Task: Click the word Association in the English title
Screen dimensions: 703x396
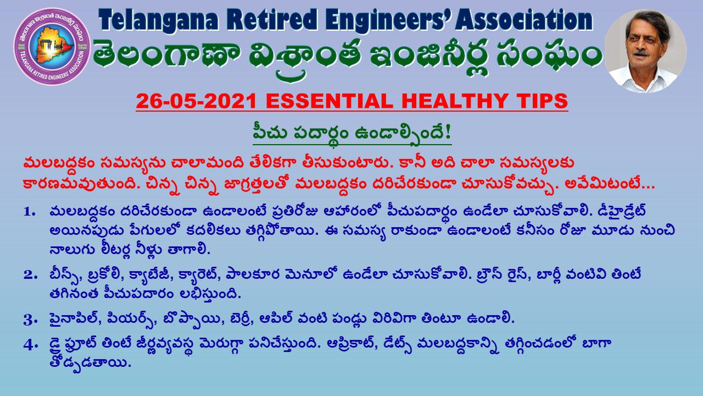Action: [x=524, y=19]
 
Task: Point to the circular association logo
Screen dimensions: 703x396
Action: [x=52, y=47]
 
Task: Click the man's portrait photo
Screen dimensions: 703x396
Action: [x=645, y=51]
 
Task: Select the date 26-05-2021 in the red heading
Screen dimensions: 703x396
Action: [x=197, y=101]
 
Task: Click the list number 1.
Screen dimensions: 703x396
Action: [x=29, y=212]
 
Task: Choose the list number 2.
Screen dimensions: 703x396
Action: [x=30, y=275]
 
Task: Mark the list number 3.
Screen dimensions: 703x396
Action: [x=30, y=320]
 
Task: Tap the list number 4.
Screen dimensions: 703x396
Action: [x=30, y=345]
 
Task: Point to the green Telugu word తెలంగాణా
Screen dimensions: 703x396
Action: [x=167, y=55]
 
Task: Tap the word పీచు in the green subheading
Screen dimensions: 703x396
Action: [x=270, y=133]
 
